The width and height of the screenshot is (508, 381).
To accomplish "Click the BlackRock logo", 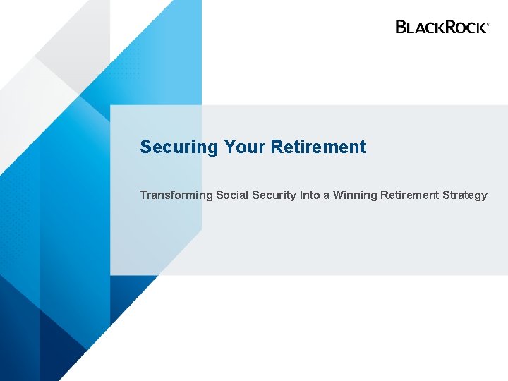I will [x=441, y=27].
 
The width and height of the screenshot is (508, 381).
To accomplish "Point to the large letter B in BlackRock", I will [x=401, y=27].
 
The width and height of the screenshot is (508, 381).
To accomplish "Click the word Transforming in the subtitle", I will [x=176, y=195].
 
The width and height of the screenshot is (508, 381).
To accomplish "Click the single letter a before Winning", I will [x=327, y=195].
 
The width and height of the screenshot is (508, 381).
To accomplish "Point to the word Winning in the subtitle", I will [x=356, y=195].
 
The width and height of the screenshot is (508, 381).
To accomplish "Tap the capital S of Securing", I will [x=145, y=147].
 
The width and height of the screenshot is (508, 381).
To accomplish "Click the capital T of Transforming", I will [x=143, y=195].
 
